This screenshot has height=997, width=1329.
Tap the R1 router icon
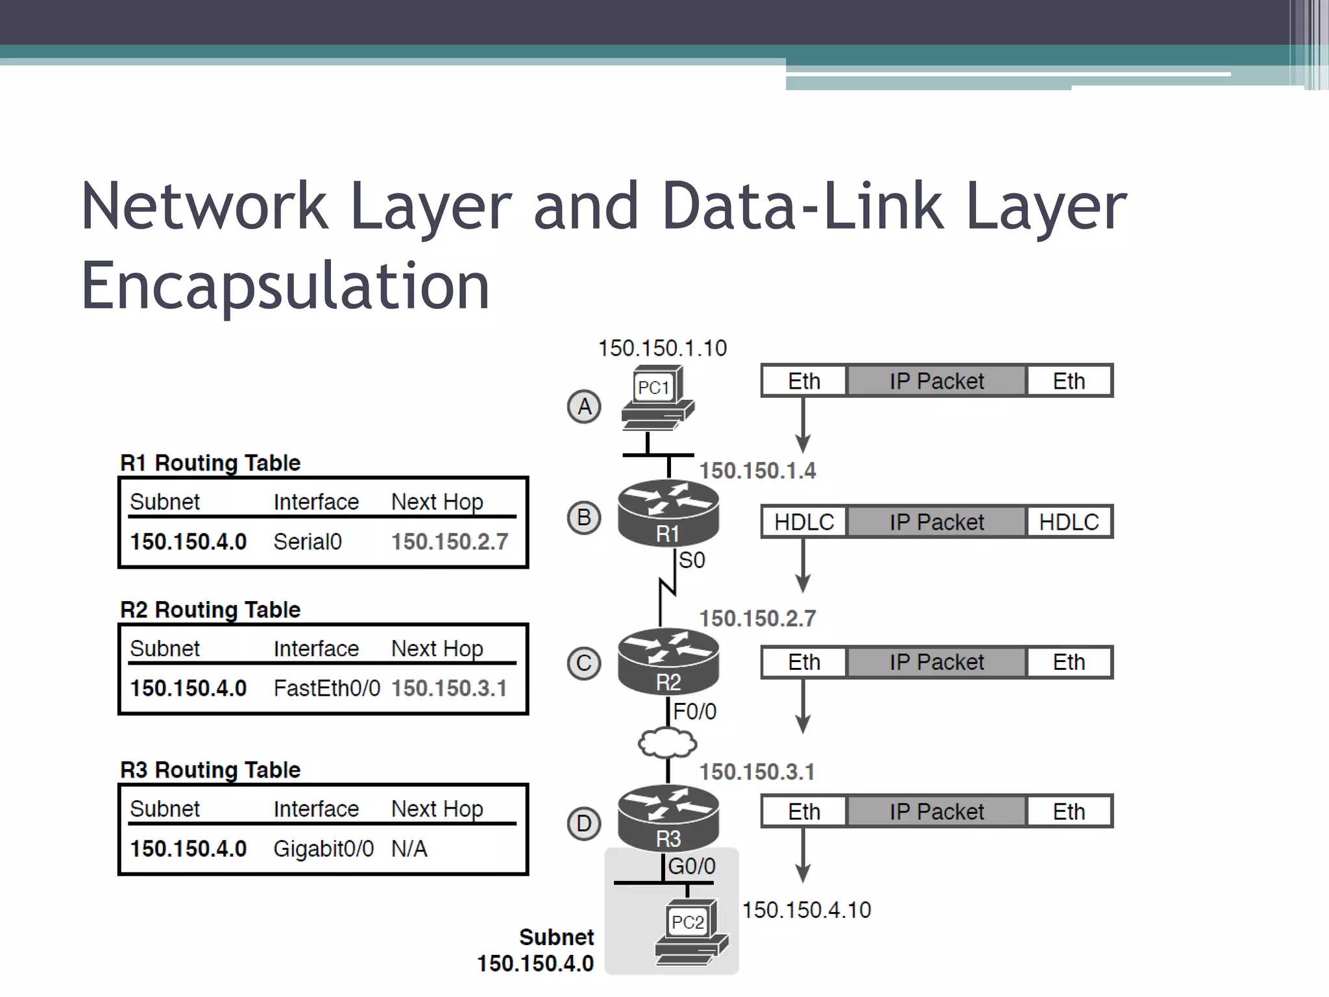click(x=668, y=513)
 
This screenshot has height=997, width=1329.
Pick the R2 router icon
click(x=668, y=661)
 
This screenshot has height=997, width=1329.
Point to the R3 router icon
click(x=668, y=818)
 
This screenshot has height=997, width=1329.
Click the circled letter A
click(x=584, y=407)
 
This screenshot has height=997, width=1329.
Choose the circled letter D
click(x=584, y=824)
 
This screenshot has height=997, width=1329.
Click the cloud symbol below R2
click(x=668, y=743)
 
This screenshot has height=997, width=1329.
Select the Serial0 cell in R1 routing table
click(x=308, y=541)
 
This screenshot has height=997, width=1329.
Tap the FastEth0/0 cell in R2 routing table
click(x=326, y=688)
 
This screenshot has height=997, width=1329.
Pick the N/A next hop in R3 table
click(x=409, y=848)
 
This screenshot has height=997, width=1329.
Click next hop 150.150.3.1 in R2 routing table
click(x=449, y=688)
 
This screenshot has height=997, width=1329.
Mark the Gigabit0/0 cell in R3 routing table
click(x=323, y=848)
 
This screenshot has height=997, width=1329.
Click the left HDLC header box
click(x=804, y=522)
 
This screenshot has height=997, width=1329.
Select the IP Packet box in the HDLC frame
click(x=936, y=522)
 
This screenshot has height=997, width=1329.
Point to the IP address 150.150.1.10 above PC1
click(x=662, y=349)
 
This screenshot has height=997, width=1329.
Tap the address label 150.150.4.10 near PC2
click(x=806, y=910)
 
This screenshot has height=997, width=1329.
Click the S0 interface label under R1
click(x=692, y=560)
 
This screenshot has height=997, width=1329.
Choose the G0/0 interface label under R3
click(x=692, y=866)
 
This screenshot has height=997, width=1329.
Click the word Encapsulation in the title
click(x=285, y=286)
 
